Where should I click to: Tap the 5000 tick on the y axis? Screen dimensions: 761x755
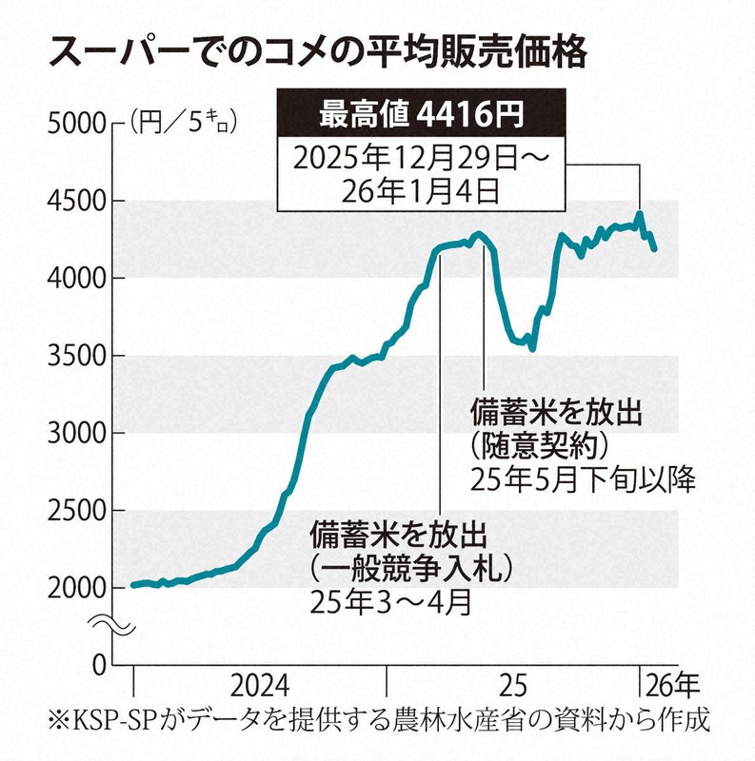pos(74,123)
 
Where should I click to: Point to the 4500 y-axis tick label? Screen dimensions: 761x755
pos(74,201)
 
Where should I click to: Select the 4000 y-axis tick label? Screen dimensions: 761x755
pos(74,278)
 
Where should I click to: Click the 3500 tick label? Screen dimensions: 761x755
pos(74,356)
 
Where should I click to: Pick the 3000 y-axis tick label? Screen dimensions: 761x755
pos(74,433)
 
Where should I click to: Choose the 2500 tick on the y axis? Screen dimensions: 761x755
pos(74,511)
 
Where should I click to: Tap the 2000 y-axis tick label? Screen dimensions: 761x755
pos(74,588)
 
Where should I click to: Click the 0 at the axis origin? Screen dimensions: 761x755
pos(94,665)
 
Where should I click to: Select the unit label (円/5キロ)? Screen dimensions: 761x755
pos(181,122)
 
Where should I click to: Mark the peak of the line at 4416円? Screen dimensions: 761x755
pos(640,214)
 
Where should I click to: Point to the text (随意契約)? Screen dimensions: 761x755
pos(538,445)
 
